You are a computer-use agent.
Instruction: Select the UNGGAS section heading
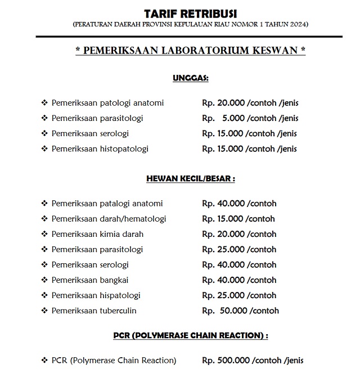pos(190,78)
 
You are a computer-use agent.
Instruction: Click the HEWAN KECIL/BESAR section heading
pos(190,178)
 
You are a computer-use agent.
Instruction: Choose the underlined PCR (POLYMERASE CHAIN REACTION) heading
pos(190,336)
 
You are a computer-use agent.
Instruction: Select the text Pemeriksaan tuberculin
pos(94,310)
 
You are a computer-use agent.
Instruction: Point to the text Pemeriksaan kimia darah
pos(97,234)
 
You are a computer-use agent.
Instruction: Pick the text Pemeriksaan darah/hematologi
pos(109,219)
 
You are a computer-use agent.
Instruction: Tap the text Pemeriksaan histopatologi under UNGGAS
pos(100,149)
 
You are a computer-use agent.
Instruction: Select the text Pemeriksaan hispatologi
pos(96,295)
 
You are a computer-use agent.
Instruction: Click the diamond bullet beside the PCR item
pos(44,361)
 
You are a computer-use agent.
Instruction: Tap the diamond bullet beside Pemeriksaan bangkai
pos(44,280)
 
